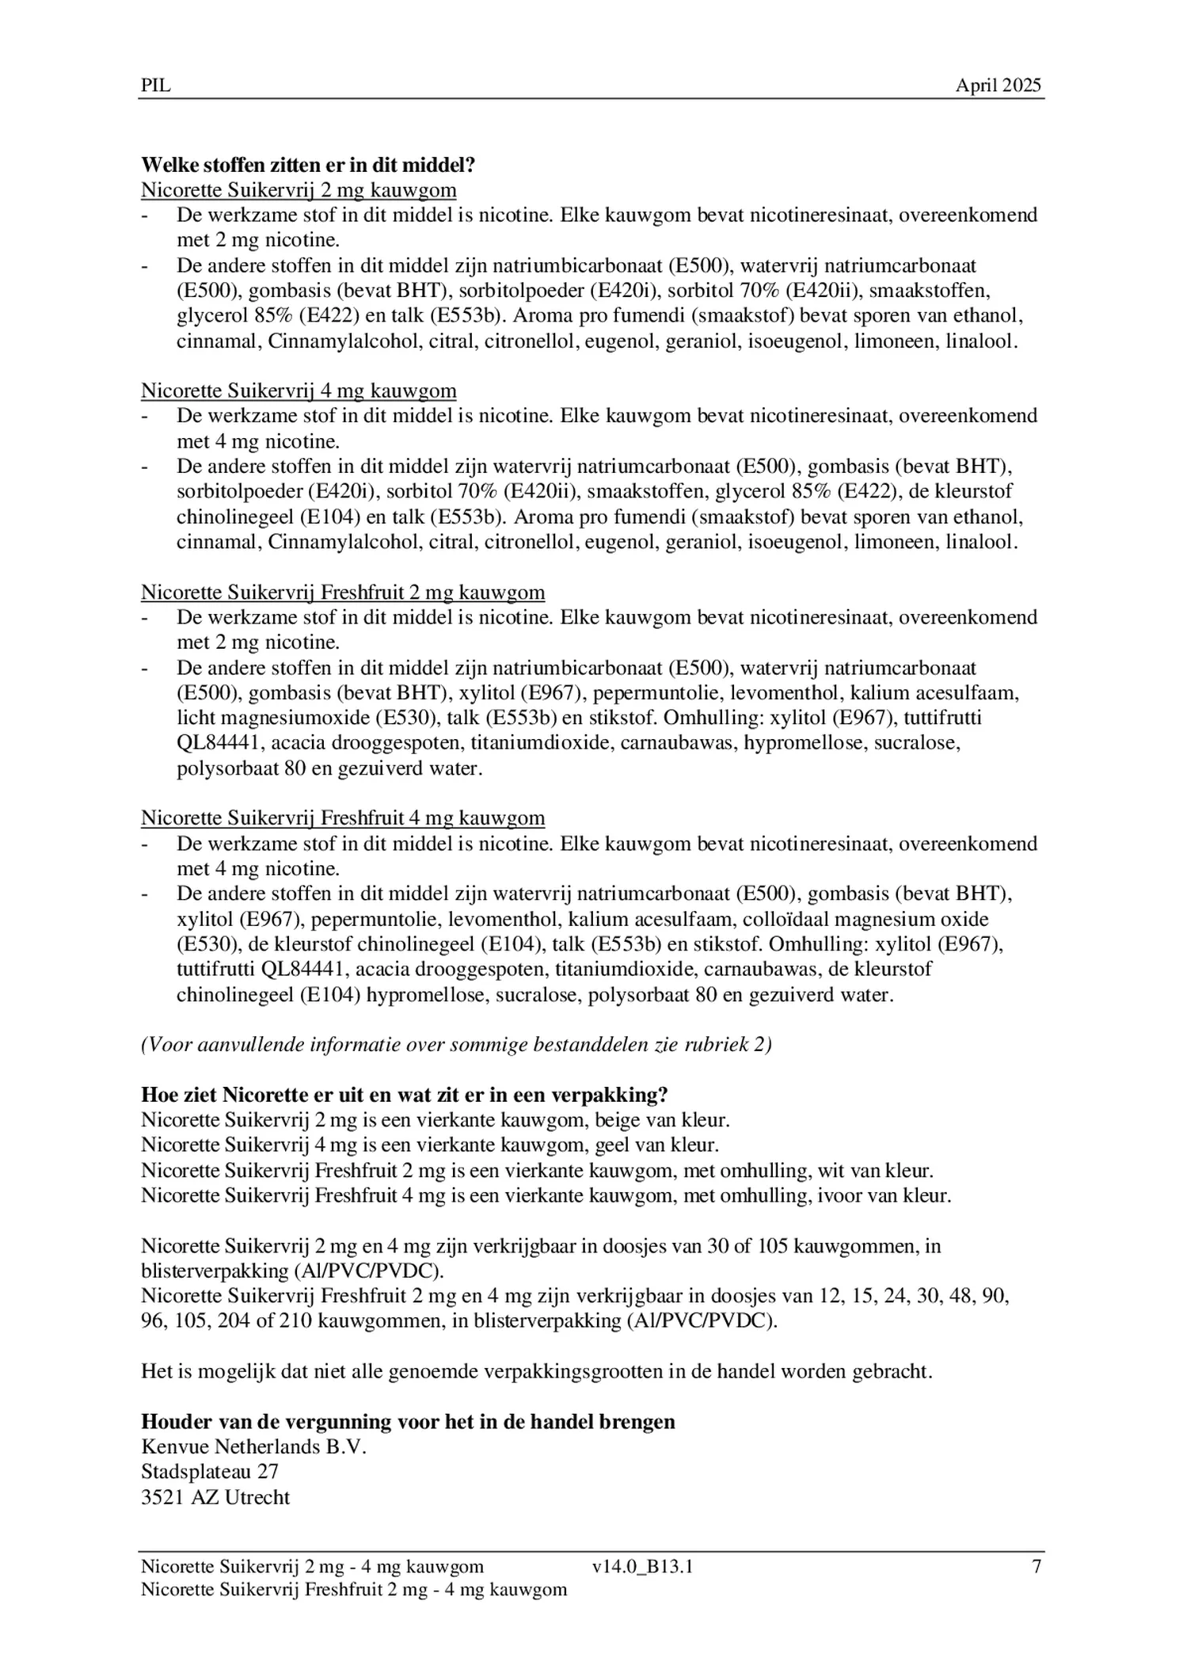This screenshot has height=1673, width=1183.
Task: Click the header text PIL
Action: pyautogui.click(x=155, y=86)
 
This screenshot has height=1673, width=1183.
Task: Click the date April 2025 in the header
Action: pyautogui.click(x=998, y=86)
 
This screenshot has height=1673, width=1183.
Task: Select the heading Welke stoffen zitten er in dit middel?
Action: pyautogui.click(x=308, y=165)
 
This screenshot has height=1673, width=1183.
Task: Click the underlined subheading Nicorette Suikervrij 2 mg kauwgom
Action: pyautogui.click(x=299, y=190)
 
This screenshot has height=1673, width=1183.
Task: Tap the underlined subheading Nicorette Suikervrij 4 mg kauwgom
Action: pyautogui.click(x=299, y=391)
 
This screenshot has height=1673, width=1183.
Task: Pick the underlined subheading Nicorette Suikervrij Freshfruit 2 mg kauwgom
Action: pyautogui.click(x=343, y=592)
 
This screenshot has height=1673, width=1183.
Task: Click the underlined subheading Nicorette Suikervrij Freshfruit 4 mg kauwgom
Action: pyautogui.click(x=343, y=817)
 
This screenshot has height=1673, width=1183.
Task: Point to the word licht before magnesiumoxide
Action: pyautogui.click(x=195, y=718)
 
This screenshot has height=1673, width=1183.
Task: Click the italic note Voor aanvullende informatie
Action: pyautogui.click(x=456, y=1044)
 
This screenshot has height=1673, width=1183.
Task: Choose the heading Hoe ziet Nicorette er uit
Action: pyautogui.click(x=404, y=1095)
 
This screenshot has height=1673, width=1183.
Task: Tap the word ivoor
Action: pyautogui.click(x=835, y=1195)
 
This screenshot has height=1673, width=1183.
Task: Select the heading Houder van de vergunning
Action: pyautogui.click(x=408, y=1422)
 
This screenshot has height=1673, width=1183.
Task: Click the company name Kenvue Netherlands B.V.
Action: pyautogui.click(x=253, y=1447)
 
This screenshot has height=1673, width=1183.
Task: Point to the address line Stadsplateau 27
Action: pyautogui.click(x=209, y=1472)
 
